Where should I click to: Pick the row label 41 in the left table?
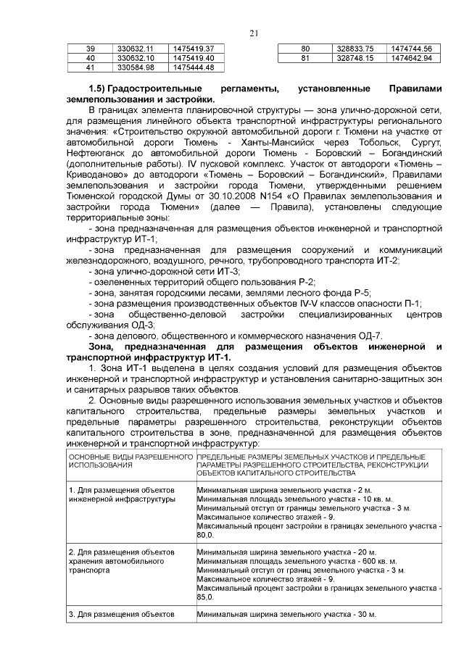[x=91, y=67]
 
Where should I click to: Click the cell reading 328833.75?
[x=355, y=48]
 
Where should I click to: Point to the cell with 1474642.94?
[x=411, y=57]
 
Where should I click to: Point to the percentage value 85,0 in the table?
[x=205, y=598]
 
